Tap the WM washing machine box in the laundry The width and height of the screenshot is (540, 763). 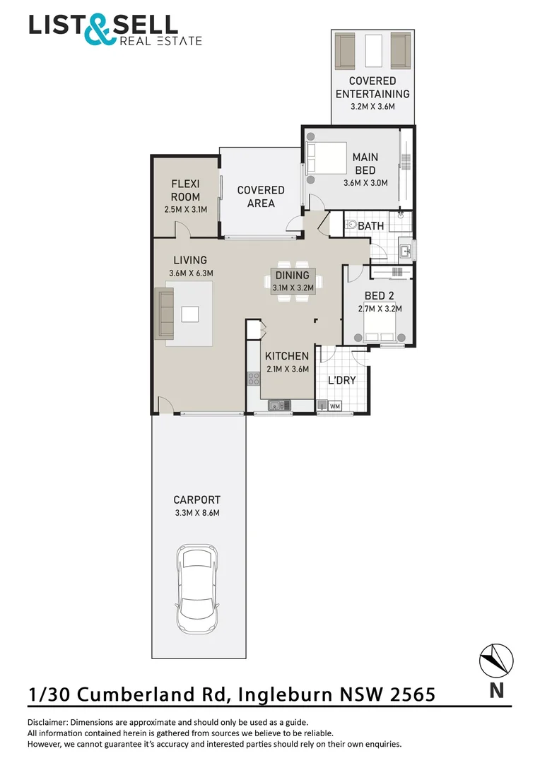point(335,406)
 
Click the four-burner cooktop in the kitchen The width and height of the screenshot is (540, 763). point(253,379)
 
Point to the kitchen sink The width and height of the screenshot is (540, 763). point(276,405)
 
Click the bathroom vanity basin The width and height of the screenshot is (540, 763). point(405,249)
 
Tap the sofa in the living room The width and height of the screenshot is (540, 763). point(164,313)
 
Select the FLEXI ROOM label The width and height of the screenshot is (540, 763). point(185,191)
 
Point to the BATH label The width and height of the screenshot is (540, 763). point(371,226)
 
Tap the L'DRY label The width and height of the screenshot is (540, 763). point(341,380)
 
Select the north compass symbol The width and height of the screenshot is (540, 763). point(496,661)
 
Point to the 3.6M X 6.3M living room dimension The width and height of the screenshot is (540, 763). point(191,273)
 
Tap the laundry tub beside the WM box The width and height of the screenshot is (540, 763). point(322,406)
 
